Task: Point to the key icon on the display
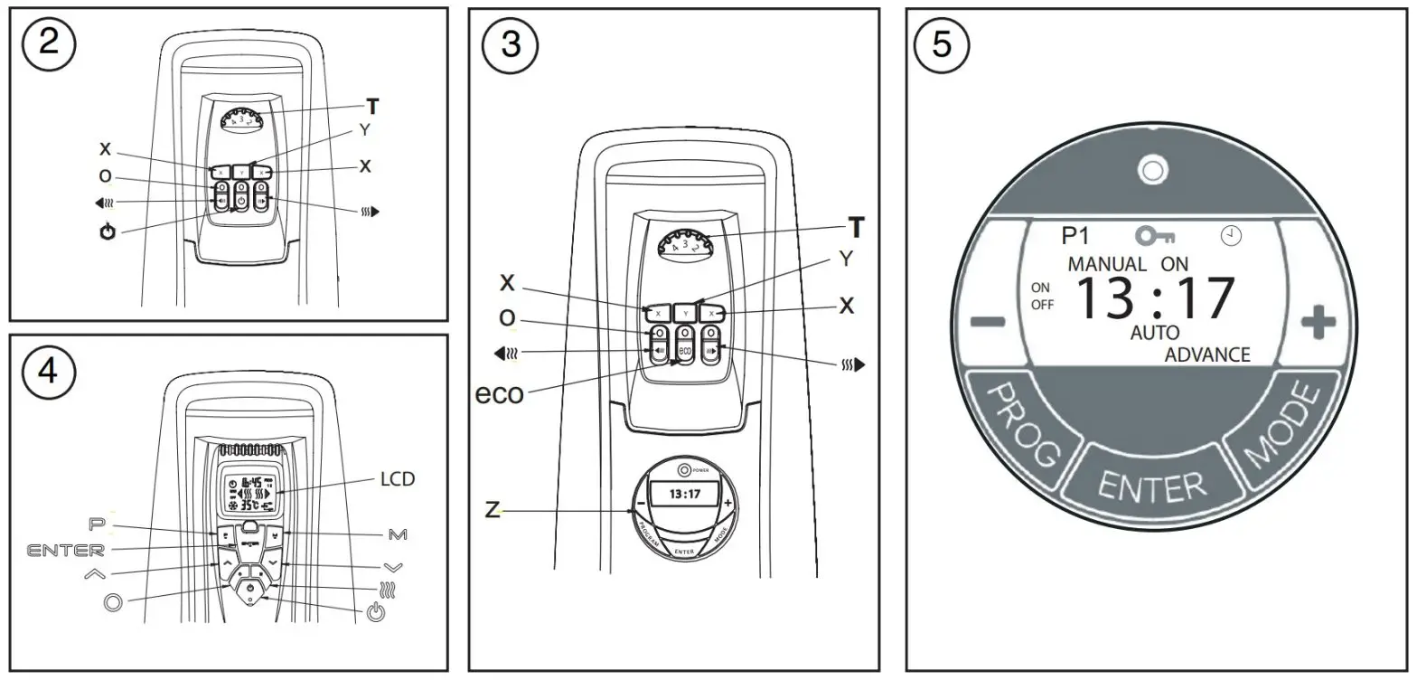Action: coord(1155,236)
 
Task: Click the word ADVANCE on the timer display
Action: coord(1206,354)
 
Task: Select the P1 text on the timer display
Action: coord(1075,236)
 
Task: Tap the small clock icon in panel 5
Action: coord(1230,235)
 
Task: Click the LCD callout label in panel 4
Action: coord(397,478)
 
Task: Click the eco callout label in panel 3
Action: coord(500,393)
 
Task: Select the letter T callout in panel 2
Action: coord(372,107)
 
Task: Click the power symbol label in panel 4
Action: coord(377,615)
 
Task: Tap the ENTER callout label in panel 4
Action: coord(66,549)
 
